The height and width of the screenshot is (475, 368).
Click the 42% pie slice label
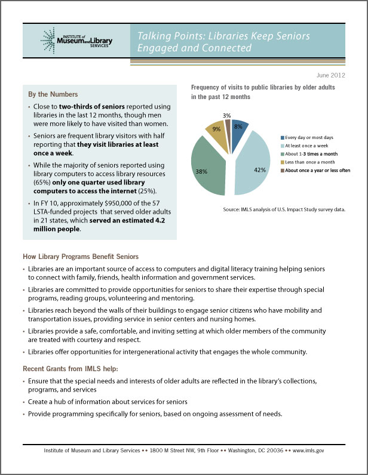coord(259,169)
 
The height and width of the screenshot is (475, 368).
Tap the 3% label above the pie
coord(227,115)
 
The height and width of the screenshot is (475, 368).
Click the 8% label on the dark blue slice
coord(238,127)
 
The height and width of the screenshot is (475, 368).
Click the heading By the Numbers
coord(53,94)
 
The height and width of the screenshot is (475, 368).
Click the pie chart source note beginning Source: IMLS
coord(284,210)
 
